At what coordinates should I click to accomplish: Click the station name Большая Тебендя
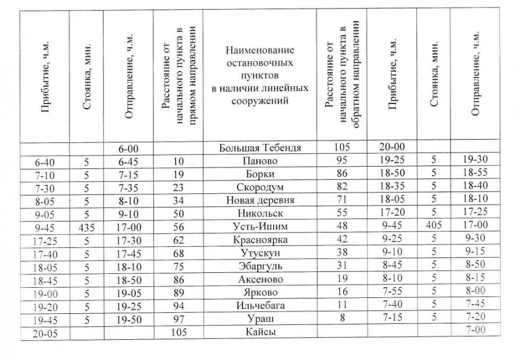(x=260, y=148)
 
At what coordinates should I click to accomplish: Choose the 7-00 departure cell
(x=474, y=329)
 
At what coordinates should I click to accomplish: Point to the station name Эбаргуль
(x=260, y=266)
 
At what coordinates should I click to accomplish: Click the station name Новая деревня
(x=260, y=201)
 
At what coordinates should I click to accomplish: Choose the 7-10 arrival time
(x=45, y=175)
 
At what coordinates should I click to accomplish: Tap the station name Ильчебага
(x=260, y=305)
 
